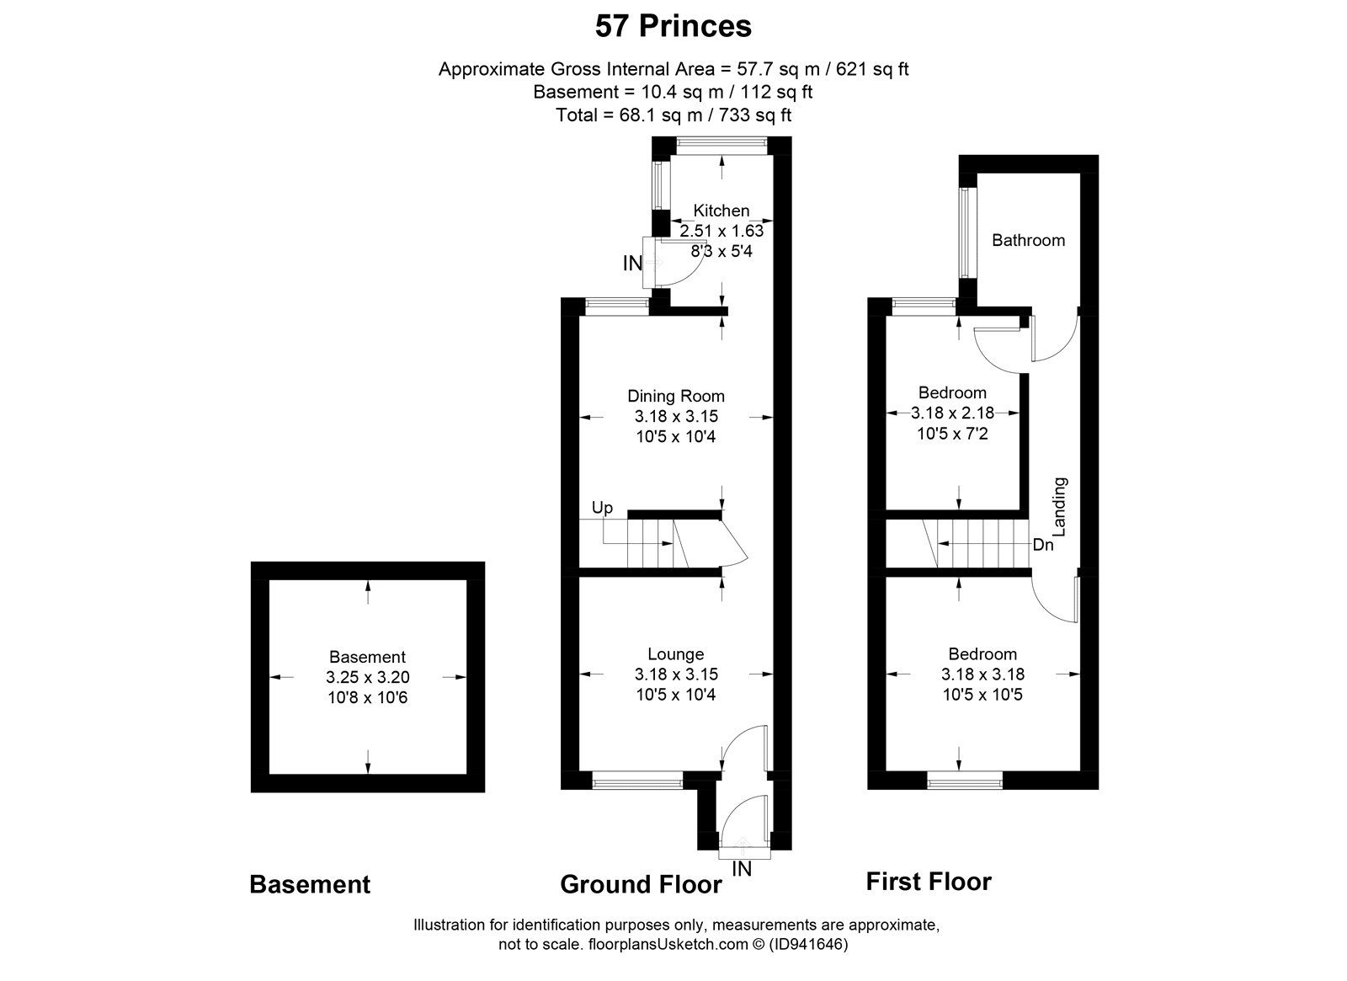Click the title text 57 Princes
coord(673,26)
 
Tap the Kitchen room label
coord(721,211)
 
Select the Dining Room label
coord(675,396)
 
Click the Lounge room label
coord(675,653)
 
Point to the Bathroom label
coord(1028,240)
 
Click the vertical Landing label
coord(1060,507)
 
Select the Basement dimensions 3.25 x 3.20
coord(367,677)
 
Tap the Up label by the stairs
coord(602,508)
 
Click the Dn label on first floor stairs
coord(1043,545)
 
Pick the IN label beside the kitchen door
coord(632,264)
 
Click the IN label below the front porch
coord(742,869)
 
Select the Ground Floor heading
coord(641,884)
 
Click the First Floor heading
coord(929,882)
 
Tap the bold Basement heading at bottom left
coord(310,884)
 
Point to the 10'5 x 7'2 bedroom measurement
coord(952,434)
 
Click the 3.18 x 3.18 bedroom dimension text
coord(982,674)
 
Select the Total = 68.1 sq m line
coord(673,115)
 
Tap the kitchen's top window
coord(721,145)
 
